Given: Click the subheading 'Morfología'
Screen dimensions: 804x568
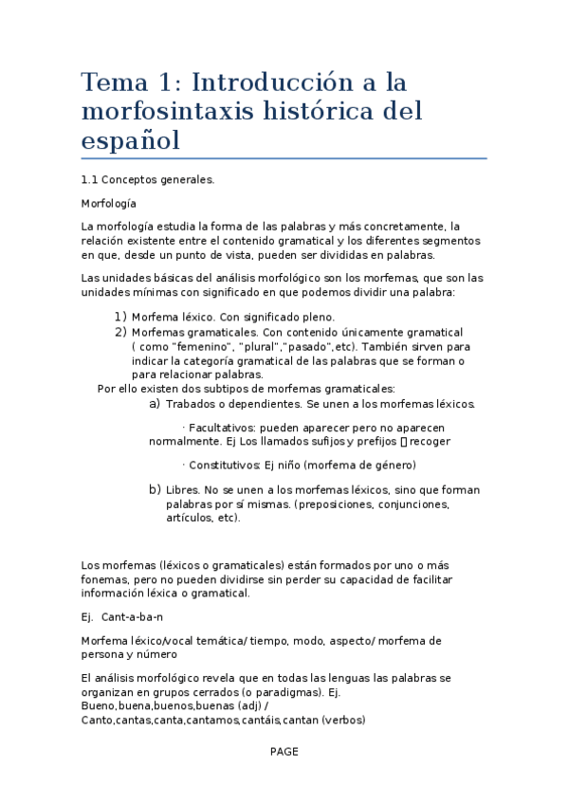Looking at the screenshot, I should click(109, 203).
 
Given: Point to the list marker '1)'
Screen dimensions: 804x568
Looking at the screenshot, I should click(120, 317).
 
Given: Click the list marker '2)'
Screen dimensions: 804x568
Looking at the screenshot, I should click(120, 332).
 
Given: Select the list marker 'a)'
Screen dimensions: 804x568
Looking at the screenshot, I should click(155, 404).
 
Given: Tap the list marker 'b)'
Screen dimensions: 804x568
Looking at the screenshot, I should click(155, 490).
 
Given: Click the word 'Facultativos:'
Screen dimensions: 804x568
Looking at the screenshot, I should click(222, 428).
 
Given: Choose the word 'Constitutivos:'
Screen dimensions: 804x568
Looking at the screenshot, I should click(226, 465).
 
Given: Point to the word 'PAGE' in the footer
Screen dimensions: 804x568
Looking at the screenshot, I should click(284, 751).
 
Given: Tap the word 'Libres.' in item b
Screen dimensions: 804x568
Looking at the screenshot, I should click(183, 490).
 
